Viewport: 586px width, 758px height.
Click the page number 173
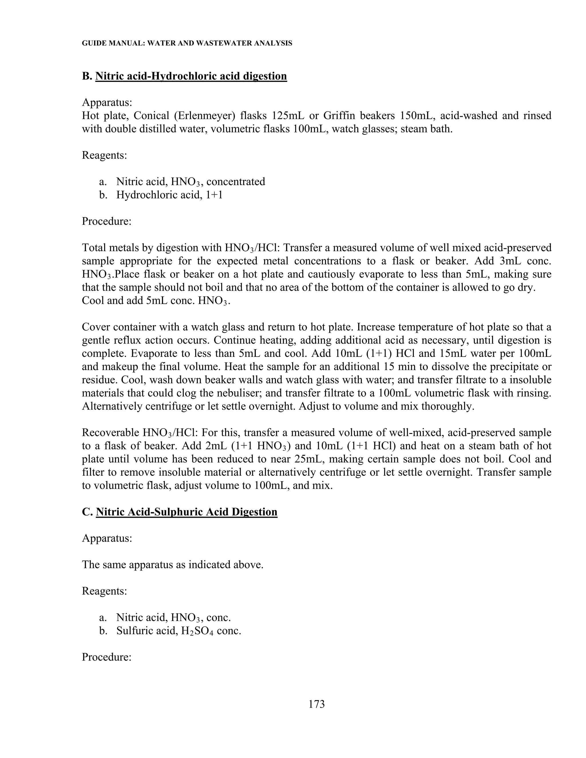[x=316, y=704]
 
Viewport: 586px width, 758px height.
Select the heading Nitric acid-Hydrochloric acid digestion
[x=191, y=76]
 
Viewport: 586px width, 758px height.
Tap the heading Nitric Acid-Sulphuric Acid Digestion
[x=187, y=512]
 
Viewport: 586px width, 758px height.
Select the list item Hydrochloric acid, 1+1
[x=169, y=195]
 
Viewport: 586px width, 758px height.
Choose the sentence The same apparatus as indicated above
[x=173, y=565]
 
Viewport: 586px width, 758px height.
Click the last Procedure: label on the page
[x=106, y=657]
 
